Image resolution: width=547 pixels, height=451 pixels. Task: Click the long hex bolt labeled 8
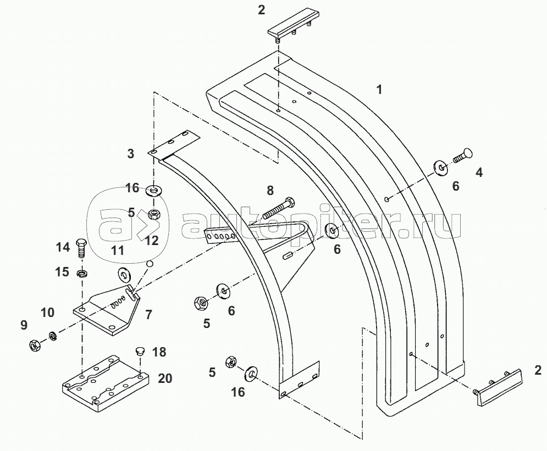[279, 208]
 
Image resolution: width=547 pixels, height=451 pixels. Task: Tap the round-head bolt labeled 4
[463, 156]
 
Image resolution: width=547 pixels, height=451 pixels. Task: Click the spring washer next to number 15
[81, 272]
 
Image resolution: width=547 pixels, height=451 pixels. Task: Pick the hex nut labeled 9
[35, 345]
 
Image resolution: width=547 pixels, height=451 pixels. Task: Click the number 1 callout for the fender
[379, 90]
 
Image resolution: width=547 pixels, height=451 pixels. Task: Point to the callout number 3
[130, 154]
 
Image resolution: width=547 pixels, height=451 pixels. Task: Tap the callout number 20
[165, 378]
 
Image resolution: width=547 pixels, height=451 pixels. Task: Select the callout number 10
[47, 312]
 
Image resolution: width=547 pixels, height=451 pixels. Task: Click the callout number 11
[118, 250]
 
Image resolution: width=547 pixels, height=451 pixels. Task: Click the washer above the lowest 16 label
[251, 372]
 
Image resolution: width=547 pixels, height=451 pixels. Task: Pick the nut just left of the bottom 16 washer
[231, 362]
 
